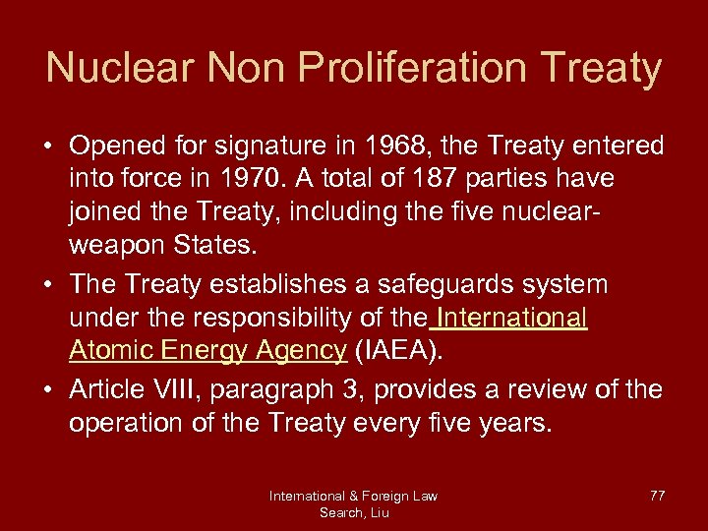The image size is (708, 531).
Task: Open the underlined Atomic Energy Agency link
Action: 207,350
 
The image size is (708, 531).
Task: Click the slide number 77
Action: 657,496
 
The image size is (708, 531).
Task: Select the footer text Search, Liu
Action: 353,511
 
